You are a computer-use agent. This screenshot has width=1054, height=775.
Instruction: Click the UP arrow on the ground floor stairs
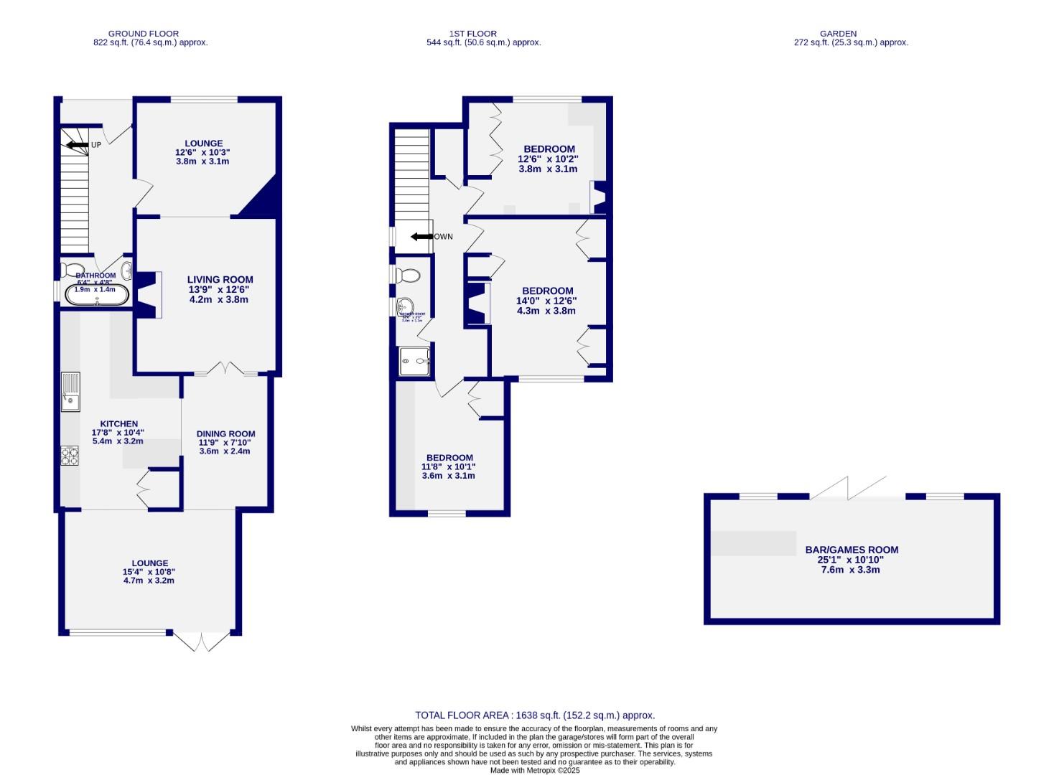tap(75, 145)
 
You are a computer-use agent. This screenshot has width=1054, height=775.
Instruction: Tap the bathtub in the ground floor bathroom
tap(96, 295)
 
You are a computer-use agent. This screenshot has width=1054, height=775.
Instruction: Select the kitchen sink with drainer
tap(71, 392)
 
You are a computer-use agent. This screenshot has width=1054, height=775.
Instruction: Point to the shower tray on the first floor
tap(415, 361)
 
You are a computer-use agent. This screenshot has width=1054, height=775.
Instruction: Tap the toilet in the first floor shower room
tap(409, 275)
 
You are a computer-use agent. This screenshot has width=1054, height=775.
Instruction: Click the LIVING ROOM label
tap(220, 280)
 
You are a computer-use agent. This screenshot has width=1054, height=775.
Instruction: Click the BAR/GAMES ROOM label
tap(852, 550)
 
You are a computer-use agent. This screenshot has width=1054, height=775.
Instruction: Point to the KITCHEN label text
tap(118, 423)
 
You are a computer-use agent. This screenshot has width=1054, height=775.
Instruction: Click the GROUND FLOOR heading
tap(144, 33)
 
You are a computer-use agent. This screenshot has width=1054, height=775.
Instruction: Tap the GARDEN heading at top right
tap(839, 33)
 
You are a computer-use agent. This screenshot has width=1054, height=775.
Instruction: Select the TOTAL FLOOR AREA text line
tap(535, 715)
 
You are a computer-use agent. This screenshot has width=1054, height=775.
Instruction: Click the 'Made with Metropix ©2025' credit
tap(535, 770)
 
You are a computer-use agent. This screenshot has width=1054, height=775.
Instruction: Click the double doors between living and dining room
tap(225, 370)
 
